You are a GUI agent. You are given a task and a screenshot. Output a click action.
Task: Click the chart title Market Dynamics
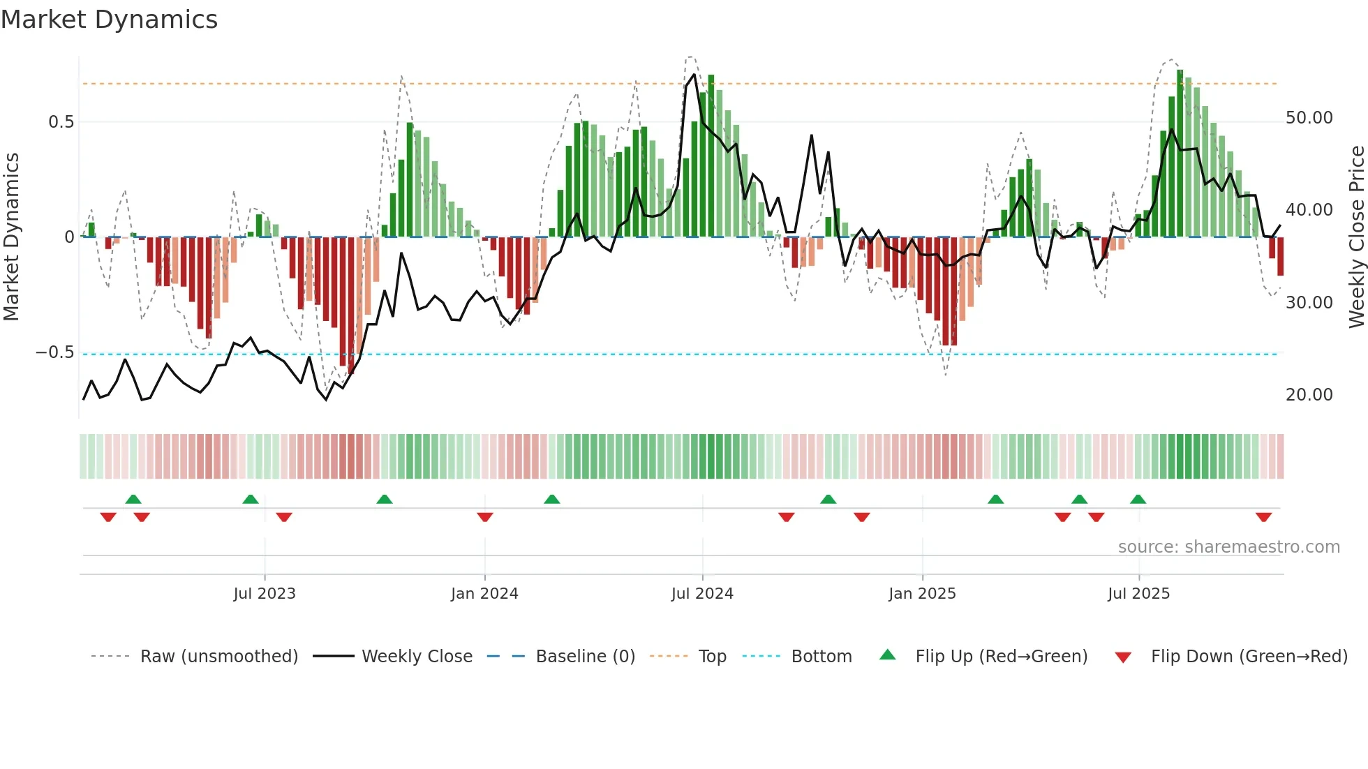[x=109, y=20]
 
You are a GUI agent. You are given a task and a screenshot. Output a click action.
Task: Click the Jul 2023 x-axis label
[x=265, y=594]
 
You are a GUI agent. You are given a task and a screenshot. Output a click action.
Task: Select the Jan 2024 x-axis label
[x=484, y=594]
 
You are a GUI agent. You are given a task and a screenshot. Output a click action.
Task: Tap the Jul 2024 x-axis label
[x=702, y=594]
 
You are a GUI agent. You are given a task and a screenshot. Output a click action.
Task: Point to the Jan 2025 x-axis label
[x=922, y=594]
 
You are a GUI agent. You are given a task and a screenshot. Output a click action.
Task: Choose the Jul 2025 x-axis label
[x=1138, y=594]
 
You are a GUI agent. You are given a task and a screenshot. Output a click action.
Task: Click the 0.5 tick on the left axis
[x=61, y=122]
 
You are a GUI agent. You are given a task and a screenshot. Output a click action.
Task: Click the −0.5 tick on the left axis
[x=55, y=352]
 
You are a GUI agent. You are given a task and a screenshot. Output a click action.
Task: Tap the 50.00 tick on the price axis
[x=1309, y=118]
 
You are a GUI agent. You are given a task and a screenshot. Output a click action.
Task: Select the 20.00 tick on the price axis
[x=1309, y=395]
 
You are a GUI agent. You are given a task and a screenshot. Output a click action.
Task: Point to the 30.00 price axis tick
[x=1309, y=303]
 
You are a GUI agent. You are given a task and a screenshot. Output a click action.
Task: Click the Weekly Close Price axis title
[x=1356, y=237]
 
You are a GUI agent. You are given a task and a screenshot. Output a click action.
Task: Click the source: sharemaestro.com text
[x=1228, y=547]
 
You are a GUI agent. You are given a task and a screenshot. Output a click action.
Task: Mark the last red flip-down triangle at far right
[x=1263, y=517]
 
